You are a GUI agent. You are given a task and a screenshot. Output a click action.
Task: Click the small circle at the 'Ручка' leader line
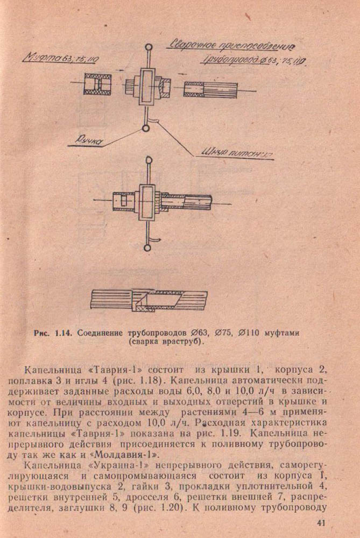pyautogui.click(x=146, y=128)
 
